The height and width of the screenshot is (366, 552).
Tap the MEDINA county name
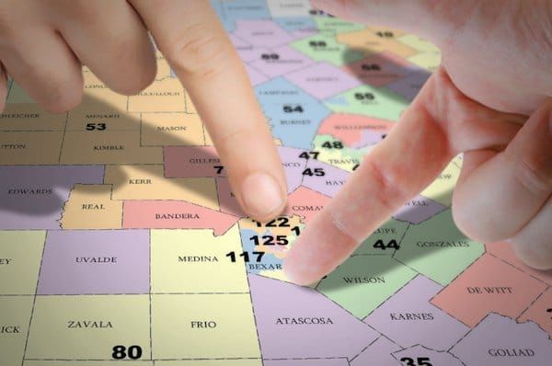[198, 259]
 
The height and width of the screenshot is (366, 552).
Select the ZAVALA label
[90, 325]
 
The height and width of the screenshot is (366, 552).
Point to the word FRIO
[202, 325]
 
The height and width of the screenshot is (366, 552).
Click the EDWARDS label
[29, 191]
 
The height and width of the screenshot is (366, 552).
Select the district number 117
[245, 257]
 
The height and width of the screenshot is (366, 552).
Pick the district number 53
[96, 126]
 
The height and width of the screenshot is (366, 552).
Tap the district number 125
[269, 240]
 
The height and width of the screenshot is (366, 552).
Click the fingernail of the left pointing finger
[262, 196]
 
